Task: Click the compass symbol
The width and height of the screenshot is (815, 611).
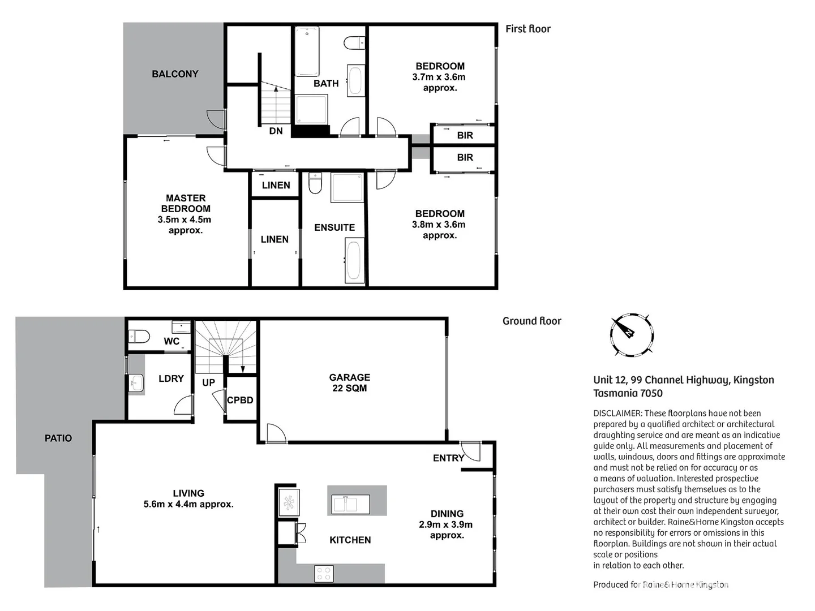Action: [632, 334]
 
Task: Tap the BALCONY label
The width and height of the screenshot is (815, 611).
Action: [175, 74]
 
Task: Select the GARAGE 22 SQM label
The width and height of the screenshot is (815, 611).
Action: [349, 382]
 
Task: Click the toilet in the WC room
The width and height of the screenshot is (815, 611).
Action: [139, 337]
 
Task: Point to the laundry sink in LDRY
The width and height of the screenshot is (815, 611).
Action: [136, 384]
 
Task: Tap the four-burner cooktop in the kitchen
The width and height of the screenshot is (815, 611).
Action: [324, 574]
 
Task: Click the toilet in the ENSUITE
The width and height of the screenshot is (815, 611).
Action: [315, 183]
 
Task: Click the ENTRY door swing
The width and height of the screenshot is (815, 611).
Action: [471, 451]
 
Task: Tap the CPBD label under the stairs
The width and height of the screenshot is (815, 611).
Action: [240, 400]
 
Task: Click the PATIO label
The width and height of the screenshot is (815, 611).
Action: [58, 438]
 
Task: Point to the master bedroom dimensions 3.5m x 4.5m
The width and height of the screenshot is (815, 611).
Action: [185, 220]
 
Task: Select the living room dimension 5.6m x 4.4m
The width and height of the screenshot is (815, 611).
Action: [188, 504]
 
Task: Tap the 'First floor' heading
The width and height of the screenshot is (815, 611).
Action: [527, 29]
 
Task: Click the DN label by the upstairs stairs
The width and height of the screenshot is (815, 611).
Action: [276, 131]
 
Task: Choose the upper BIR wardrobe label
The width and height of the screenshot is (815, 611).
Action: [465, 135]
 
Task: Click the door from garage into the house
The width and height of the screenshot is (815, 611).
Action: [276, 433]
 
